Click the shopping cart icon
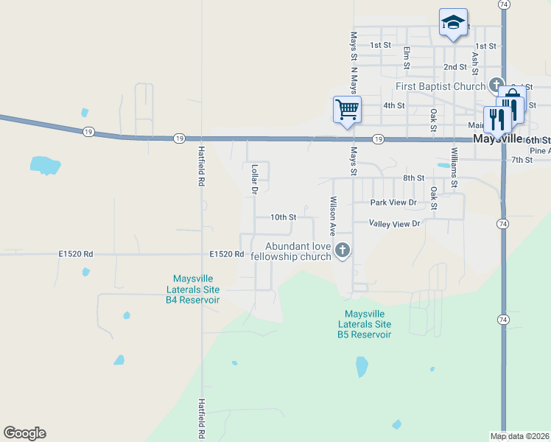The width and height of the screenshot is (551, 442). coord(347,110)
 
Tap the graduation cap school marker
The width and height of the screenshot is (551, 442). coord(453,22)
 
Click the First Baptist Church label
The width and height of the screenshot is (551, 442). coord(441,86)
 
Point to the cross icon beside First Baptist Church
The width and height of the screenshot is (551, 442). coord(496,85)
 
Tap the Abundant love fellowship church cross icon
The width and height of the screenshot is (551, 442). coord(342,251)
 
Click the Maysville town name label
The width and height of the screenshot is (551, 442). coord(497,138)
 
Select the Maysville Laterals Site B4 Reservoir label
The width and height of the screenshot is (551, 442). coord(192,290)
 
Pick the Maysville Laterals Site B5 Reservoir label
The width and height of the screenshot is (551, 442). coord(364,324)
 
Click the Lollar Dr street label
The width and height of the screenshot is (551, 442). coord(254,179)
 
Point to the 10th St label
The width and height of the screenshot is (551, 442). coord(283,217)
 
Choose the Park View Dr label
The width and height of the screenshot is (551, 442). coord(393,202)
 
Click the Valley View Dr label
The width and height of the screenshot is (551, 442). coord(395,223)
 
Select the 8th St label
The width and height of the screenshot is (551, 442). coord(413,178)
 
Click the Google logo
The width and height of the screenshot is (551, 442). coord(24,433)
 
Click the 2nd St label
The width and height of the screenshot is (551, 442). coord(455,67)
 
